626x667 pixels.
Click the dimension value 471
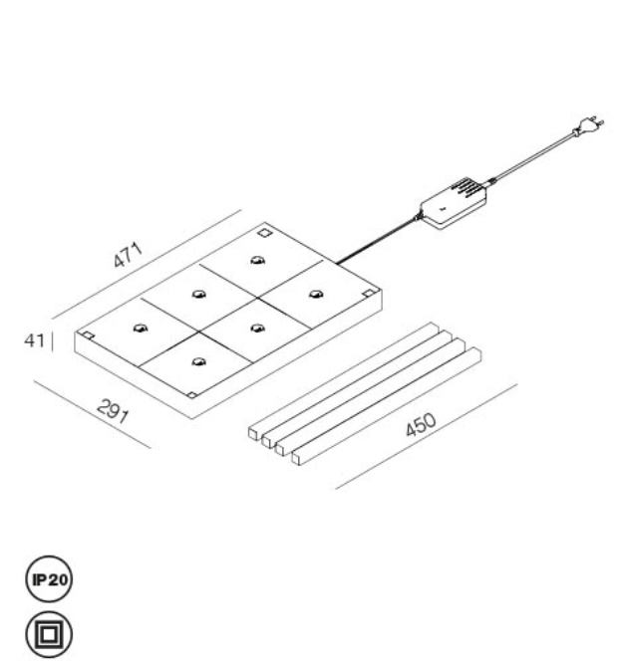pos(129,255)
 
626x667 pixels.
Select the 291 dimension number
pos(114,411)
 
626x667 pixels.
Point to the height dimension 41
pos(34,340)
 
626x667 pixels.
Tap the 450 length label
pos(421,424)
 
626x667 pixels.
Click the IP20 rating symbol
pos(49,579)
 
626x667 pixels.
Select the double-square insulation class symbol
pos(49,635)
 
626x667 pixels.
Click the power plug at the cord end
pos(589,126)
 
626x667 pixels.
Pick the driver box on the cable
pos(454,204)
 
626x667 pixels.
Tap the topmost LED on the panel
pos(257,260)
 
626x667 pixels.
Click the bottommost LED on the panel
pos(199,362)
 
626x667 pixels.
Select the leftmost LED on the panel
pos(141,328)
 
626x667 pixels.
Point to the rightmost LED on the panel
pos(316,294)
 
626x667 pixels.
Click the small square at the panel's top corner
pos(264,233)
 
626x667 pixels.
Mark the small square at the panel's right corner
pos(369,293)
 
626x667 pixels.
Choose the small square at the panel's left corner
pos(88,335)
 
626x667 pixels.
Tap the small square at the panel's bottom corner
pos(192,395)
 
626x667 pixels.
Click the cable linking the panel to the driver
pos(378,240)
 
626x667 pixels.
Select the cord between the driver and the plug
pos(533,157)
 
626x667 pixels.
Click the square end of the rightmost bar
pos(297,459)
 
